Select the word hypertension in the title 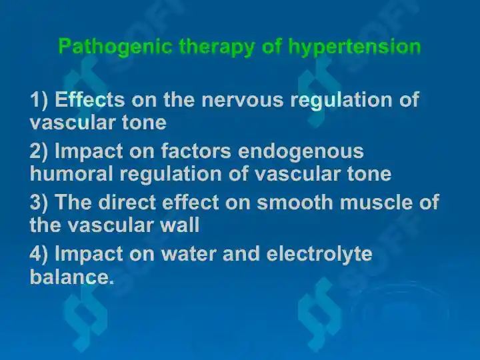(355, 47)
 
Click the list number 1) (39, 100)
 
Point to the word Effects (90, 99)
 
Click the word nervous (243, 100)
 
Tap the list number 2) (39, 151)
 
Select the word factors (196, 151)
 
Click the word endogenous (301, 152)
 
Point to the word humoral (71, 173)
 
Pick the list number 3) (39, 203)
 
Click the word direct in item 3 (127, 202)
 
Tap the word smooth (295, 202)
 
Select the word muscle (376, 202)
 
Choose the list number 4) (39, 254)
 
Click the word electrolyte (319, 255)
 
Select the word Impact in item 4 (89, 255)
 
